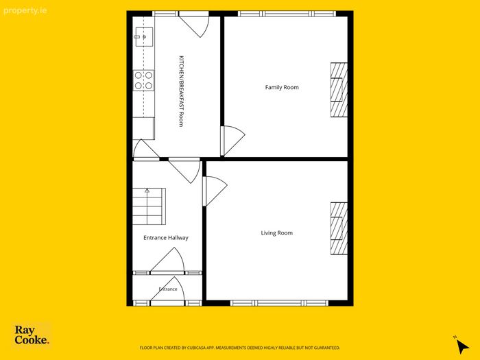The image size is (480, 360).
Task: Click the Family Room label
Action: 282,88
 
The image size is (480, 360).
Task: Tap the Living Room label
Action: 277,233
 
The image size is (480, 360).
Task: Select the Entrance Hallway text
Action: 166,238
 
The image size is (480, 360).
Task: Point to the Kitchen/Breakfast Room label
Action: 181,91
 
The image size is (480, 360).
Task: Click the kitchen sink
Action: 144,37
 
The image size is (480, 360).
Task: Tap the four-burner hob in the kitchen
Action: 143,80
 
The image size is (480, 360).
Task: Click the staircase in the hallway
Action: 149,206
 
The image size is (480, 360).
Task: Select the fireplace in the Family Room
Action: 339,90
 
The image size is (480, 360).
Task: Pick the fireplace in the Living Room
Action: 339,228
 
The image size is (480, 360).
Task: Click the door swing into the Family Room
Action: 232,141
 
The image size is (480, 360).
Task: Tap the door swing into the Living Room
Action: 215,191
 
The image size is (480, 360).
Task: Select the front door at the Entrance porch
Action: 168,291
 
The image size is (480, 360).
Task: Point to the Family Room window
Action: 287,14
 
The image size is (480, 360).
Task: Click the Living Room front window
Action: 279,303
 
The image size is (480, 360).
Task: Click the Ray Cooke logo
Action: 32,335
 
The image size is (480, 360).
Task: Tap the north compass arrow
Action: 462,346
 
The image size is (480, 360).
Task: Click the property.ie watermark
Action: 25,11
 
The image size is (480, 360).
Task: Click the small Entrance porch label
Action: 168,289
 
